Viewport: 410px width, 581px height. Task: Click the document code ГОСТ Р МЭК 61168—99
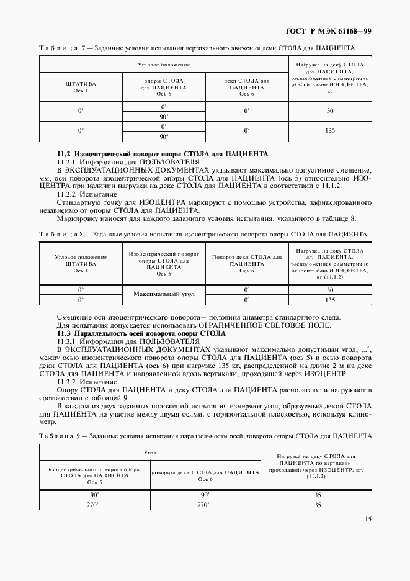pos(337,31)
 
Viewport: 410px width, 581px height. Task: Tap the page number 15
pos(368,520)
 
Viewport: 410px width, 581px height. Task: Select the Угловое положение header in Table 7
pos(163,64)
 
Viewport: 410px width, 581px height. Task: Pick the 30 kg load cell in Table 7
pos(329,110)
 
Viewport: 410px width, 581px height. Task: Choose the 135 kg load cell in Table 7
pos(329,130)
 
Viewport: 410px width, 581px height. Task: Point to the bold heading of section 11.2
pos(163,153)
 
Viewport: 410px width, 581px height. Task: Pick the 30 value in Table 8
pos(329,290)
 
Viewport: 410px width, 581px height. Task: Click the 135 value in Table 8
pos(329,300)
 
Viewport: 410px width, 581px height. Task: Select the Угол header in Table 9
pos(149,453)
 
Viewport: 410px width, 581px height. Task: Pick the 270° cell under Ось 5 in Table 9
pos(94,505)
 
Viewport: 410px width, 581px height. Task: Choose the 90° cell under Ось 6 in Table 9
pos(205,495)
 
